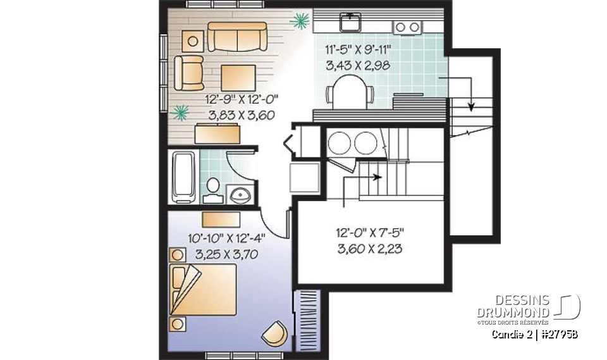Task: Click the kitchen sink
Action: point(351,22)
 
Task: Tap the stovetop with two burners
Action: point(407,27)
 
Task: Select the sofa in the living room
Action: point(237,37)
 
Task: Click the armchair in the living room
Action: point(188,73)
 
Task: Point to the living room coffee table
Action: point(238,78)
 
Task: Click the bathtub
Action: point(183,177)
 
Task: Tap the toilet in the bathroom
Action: point(213,190)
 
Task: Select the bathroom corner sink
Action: point(240,194)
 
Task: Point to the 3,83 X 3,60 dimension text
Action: point(242,115)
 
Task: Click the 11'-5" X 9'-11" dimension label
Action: point(358,49)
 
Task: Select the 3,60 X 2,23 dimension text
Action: point(370,249)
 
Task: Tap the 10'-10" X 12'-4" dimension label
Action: point(226,238)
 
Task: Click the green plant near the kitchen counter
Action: point(300,21)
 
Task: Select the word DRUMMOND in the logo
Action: point(513,312)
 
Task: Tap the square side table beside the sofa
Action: point(192,40)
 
